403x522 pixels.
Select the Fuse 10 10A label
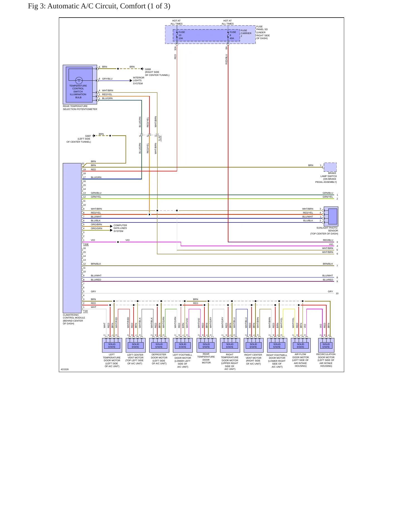[182, 35]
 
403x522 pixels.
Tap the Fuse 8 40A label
[233, 35]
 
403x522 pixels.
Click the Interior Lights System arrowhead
[131, 81]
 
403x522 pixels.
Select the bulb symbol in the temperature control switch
[79, 81]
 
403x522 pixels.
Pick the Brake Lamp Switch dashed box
[330, 167]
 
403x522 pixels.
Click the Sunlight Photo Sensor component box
[331, 216]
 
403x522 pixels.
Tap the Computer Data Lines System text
[120, 228]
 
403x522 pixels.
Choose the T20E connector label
[86, 244]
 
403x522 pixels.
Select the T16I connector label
[85, 311]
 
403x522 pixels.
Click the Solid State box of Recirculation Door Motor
[326, 346]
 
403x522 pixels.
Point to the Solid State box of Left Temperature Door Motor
[112, 346]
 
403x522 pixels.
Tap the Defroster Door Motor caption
[159, 359]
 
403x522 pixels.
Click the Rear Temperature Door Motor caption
[206, 358]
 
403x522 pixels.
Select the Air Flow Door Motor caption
[300, 360]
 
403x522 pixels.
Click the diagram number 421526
[65, 369]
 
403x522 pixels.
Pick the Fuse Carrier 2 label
[246, 33]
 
